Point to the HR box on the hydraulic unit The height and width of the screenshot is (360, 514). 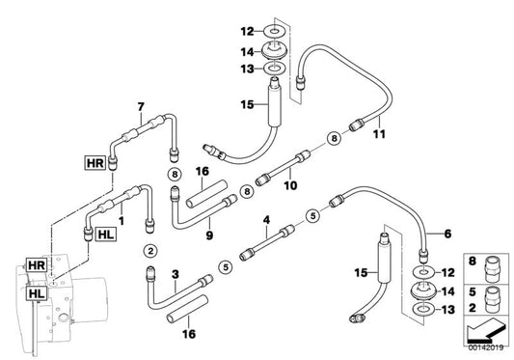(36, 263)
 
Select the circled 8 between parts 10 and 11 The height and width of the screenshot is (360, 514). (333, 139)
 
